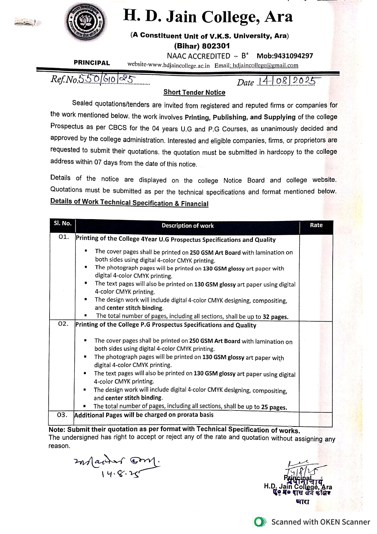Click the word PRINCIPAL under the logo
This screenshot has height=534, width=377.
point(92,63)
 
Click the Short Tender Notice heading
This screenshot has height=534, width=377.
point(194,92)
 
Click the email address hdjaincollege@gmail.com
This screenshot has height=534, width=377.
point(265,65)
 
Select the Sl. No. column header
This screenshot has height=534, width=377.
point(63,223)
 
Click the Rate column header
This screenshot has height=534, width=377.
point(316,225)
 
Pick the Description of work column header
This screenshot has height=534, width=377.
point(187,226)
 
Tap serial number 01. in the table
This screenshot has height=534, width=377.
point(64,237)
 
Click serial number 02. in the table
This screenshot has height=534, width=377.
point(63,324)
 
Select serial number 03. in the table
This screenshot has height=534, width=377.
point(62,415)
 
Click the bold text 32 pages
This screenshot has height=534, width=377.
point(275,317)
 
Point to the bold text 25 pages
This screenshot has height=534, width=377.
point(274,407)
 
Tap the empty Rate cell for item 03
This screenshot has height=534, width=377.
point(316,419)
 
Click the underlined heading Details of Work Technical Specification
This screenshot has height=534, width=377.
point(129,202)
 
